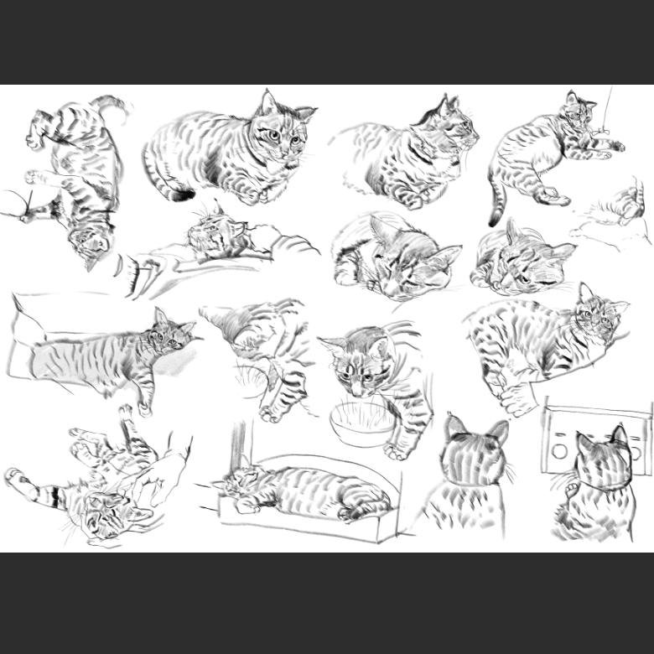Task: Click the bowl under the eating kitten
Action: pos(361,424)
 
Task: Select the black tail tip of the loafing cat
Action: pos(179,195)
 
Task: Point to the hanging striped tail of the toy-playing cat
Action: pos(497,206)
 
